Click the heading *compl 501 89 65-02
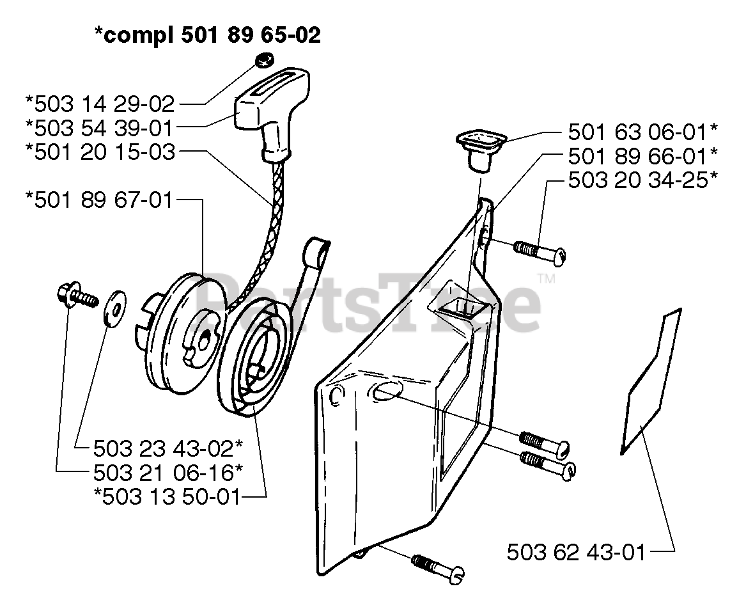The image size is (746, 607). point(207,35)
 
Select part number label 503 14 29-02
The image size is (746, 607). point(100,103)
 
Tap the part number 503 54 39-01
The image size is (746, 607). point(100,127)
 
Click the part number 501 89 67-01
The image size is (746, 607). point(100,200)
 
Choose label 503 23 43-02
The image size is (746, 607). point(167,446)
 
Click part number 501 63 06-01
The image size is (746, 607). point(642,132)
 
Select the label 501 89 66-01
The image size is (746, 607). point(642,156)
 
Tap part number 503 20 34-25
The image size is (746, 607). point(642,180)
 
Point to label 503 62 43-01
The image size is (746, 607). point(576,551)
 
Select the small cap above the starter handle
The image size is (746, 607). point(263,60)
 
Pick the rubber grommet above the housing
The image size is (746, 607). point(479,148)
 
